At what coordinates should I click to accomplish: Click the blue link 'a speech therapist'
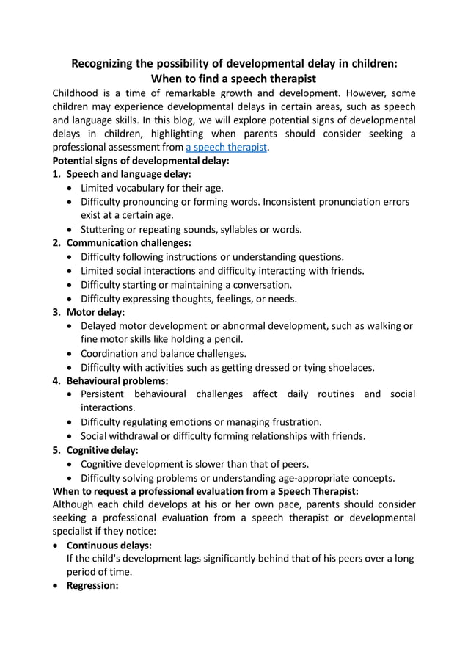coord(227,147)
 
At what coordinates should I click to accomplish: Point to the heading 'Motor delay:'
coord(95,311)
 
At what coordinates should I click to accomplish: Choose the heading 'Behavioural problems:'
coord(117,380)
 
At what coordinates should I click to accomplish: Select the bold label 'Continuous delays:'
coord(109,546)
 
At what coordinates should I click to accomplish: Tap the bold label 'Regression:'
coord(92,587)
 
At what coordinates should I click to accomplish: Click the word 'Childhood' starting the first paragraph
coord(77,93)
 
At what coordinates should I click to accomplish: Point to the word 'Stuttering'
coord(105,229)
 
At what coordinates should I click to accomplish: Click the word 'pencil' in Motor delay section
coord(227,339)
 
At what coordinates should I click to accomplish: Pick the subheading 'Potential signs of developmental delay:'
coord(141,160)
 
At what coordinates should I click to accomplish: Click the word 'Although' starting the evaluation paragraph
coord(76,504)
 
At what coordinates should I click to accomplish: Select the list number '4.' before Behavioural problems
coord(57,380)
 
